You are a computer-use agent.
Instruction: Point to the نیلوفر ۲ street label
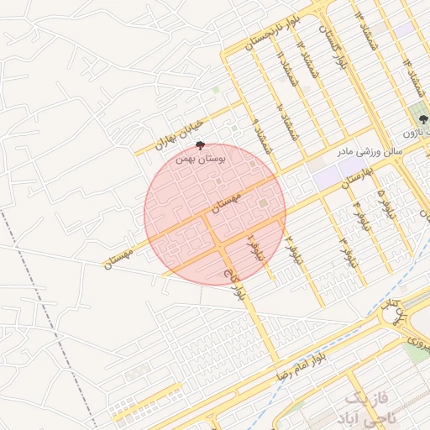point(292,251)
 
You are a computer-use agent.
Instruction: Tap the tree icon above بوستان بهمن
point(198,146)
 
